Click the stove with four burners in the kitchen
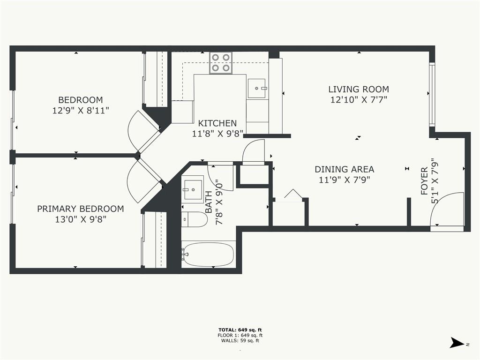221,62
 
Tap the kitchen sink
256,88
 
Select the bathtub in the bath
209,254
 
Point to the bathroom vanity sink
192,189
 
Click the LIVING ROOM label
358,89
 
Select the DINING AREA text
344,169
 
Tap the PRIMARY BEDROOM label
81,209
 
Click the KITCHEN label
217,123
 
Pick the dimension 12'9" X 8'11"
81,110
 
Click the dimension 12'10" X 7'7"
358,99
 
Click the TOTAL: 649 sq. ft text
240,330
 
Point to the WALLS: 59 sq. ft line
240,340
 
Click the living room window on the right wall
432,94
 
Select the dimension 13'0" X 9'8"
81,219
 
